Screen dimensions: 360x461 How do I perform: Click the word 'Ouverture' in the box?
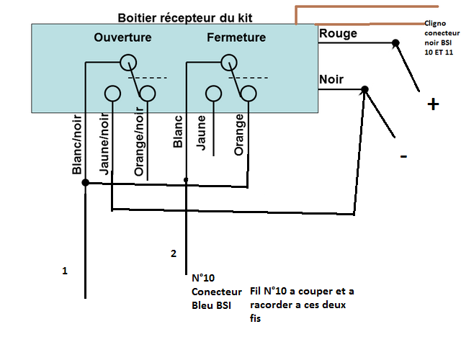tap(123, 37)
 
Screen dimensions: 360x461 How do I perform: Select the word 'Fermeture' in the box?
tap(236, 37)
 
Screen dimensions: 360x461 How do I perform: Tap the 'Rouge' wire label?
tap(338, 33)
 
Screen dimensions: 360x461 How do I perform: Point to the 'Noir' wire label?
tap(332, 79)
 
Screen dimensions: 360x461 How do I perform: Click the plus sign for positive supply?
tap(433, 105)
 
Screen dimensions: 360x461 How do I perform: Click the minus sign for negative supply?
tap(404, 156)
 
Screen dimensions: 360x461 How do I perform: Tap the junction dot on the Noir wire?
tap(364, 89)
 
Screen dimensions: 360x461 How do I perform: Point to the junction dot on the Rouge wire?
tap(395, 43)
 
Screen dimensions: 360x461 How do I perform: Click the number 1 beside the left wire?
tap(65, 271)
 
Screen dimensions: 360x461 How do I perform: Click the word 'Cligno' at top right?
tap(435, 23)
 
